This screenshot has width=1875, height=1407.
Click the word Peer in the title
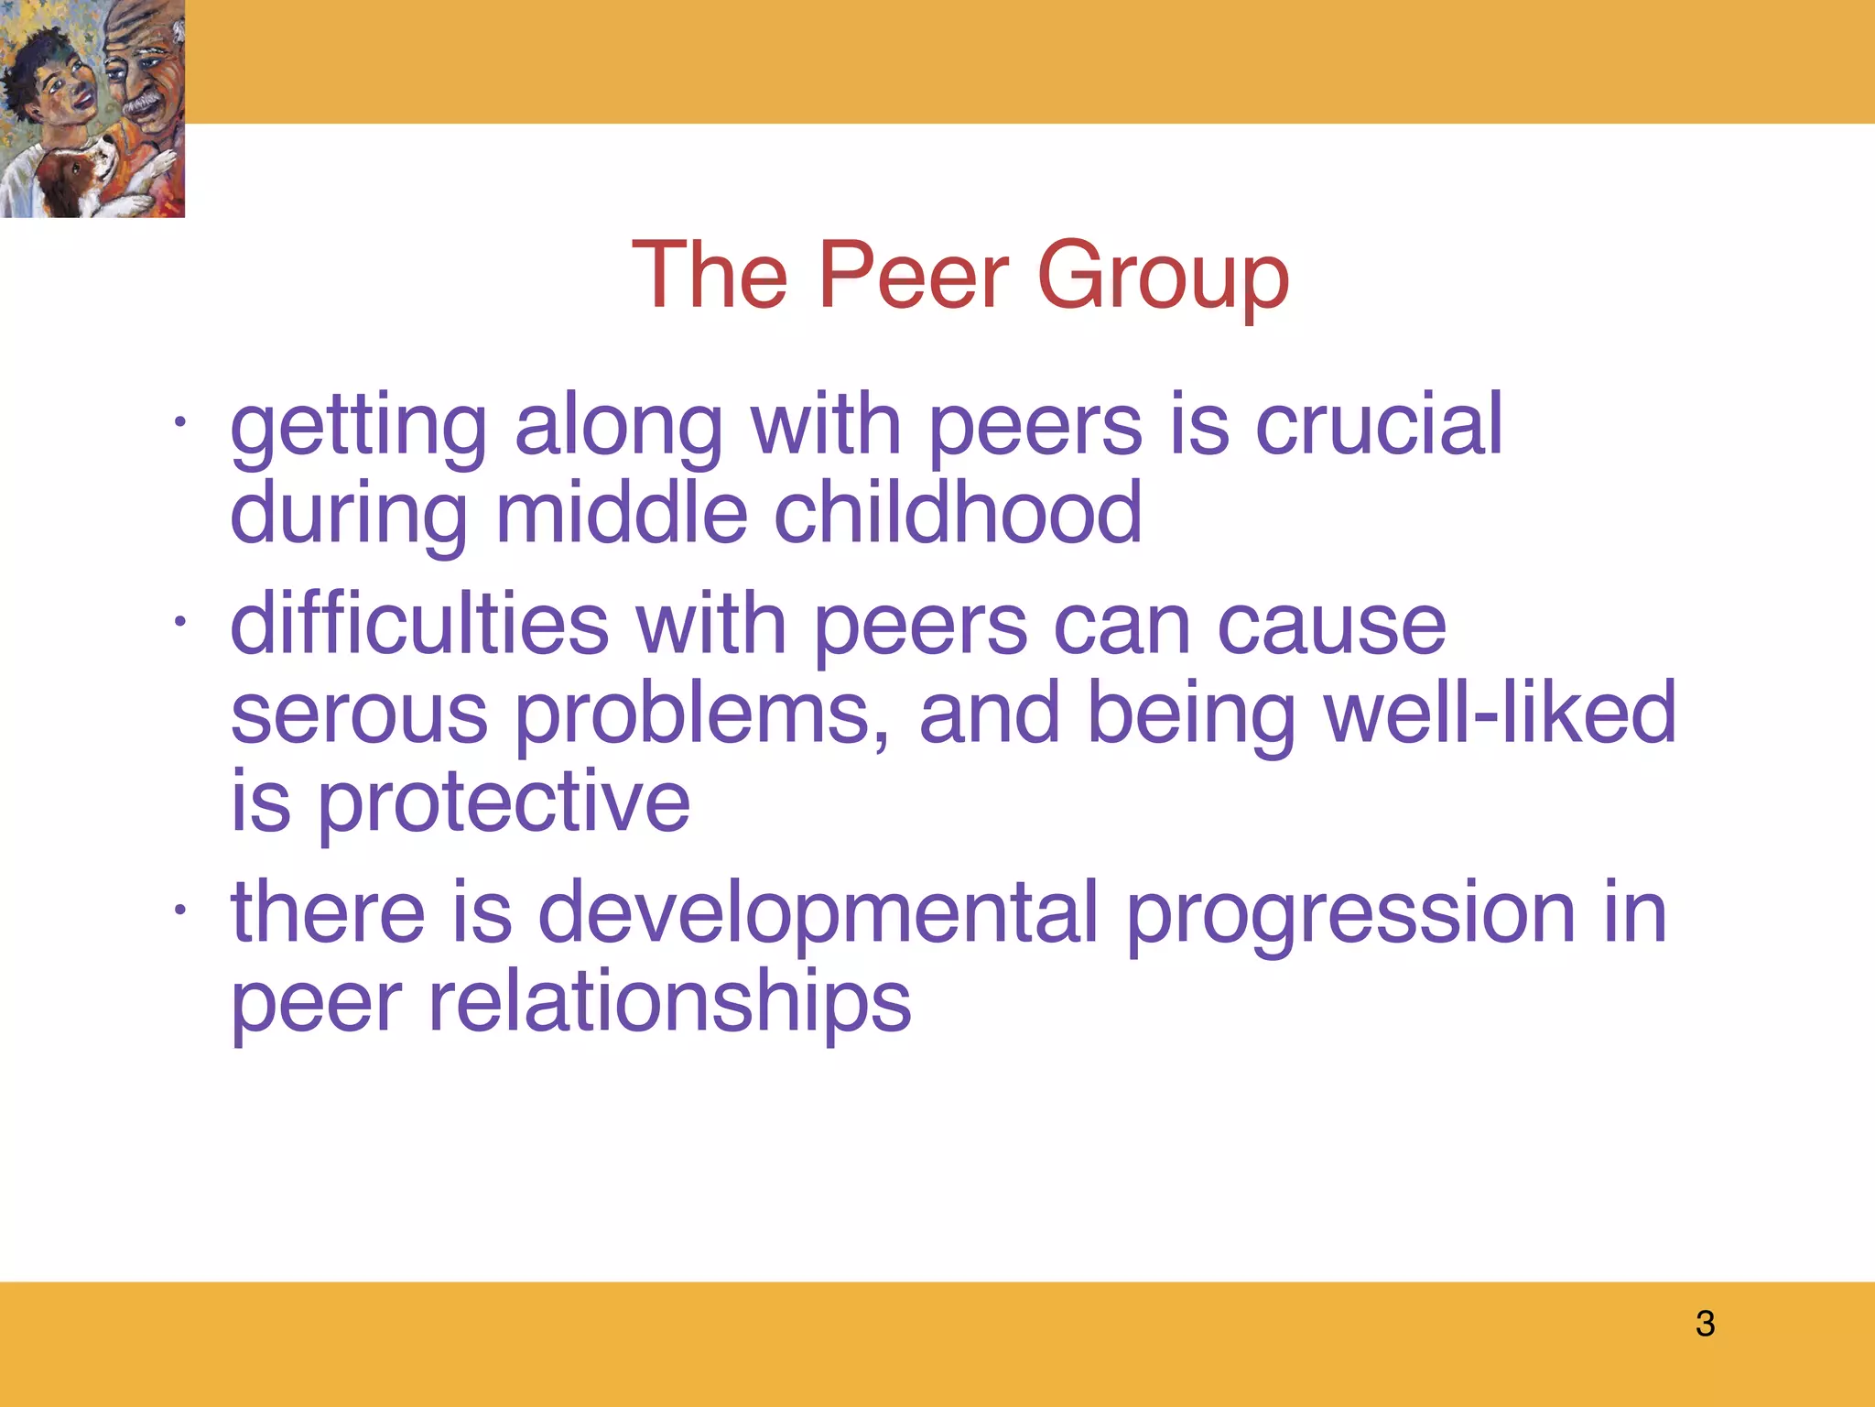[913, 274]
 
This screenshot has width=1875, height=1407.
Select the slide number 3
[1705, 1324]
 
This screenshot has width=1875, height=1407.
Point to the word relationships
[669, 1003]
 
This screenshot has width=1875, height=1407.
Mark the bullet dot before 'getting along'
[180, 423]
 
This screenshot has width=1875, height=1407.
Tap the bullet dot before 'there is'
[180, 911]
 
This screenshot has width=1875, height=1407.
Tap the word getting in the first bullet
[358, 426]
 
